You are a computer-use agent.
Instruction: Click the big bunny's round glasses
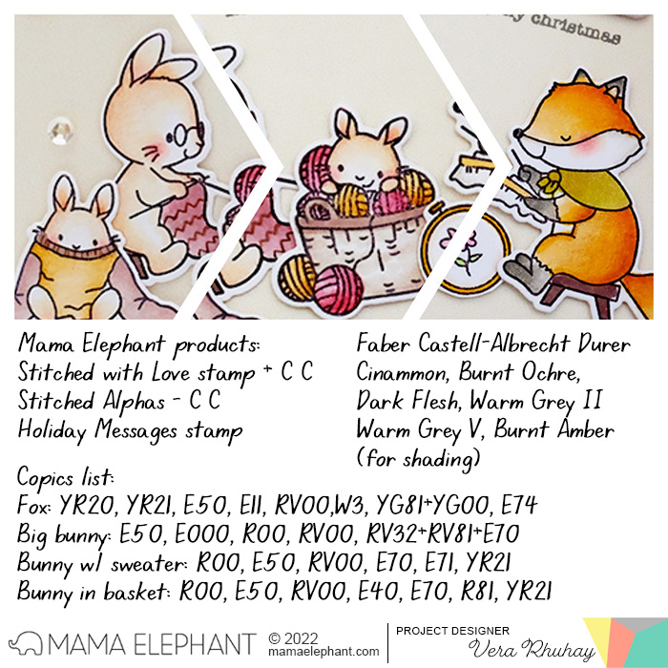pos(186,134)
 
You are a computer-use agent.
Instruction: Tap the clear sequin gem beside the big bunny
pos(59,131)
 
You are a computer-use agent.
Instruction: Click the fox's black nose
pos(518,134)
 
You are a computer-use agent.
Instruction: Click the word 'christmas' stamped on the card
pos(575,29)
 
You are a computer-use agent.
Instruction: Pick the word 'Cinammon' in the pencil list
pos(402,372)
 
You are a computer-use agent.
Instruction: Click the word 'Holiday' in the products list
pos(52,430)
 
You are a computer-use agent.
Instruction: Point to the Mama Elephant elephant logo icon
pos(26,643)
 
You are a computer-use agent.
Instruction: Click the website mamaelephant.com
pos(324,652)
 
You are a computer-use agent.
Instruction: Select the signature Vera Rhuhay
pos(532,650)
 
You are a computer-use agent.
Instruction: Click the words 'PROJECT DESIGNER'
pos(452,631)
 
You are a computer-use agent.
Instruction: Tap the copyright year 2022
pos(301,638)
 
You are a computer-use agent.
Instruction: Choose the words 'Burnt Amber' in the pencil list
pos(554,429)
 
